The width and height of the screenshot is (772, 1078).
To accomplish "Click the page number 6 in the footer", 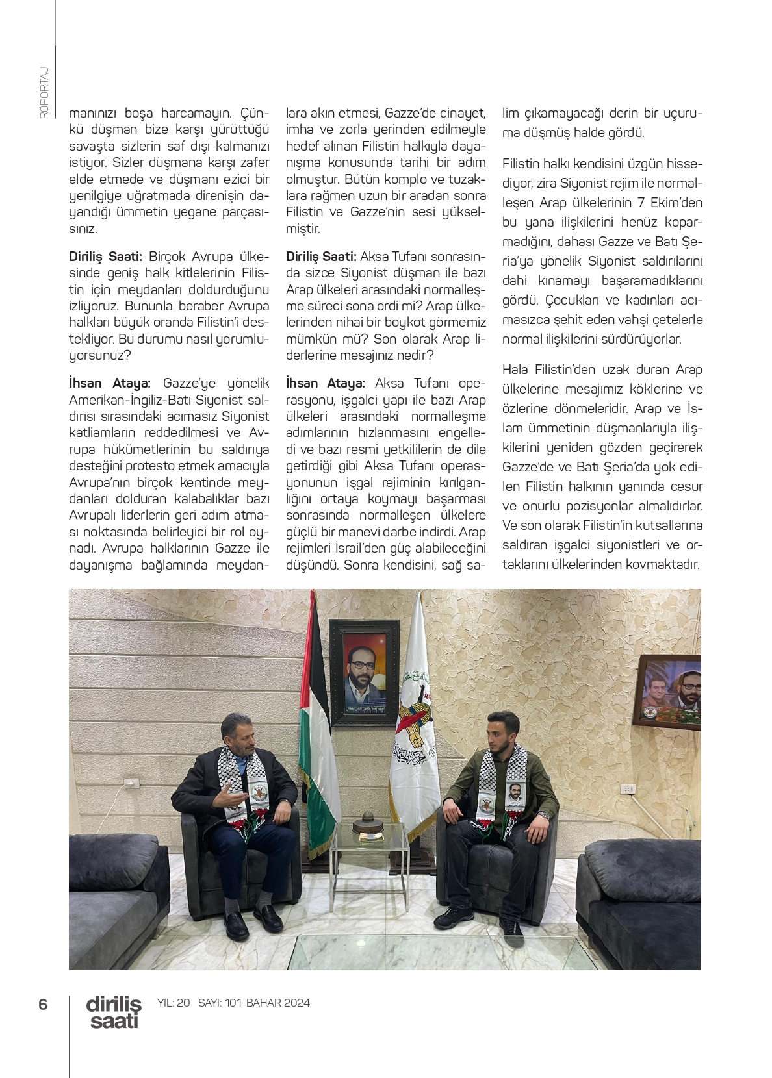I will coord(43,1004).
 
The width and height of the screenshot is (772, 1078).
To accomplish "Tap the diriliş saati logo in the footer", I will coord(114,1012).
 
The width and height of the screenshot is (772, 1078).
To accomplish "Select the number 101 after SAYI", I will coord(233,1003).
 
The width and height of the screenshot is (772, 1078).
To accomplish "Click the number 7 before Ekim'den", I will coord(641,203).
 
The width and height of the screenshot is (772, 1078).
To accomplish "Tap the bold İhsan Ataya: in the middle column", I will coord(326,383).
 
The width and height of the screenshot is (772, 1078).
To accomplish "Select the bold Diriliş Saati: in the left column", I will coord(105,257).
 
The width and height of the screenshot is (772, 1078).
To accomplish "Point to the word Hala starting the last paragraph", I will coord(517,370).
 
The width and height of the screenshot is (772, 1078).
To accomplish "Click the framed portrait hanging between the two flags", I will coord(364,671).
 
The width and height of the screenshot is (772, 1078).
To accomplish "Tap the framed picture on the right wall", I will coord(670,691).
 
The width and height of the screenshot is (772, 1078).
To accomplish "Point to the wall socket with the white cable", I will coord(133,784).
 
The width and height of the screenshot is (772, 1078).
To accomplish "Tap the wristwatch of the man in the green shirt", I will coord(545,814).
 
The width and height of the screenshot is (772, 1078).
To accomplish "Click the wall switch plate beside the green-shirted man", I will coord(628,789).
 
